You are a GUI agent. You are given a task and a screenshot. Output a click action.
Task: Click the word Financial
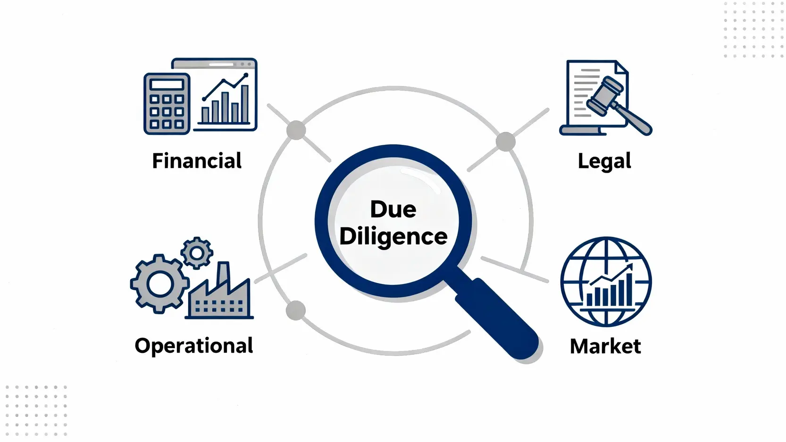(x=197, y=161)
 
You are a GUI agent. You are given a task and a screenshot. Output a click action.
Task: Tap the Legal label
(x=604, y=161)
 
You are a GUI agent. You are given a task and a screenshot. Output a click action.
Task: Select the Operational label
(x=194, y=346)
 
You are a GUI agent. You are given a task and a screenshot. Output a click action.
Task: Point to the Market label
(x=605, y=346)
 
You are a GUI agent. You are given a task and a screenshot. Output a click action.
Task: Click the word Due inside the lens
(x=393, y=209)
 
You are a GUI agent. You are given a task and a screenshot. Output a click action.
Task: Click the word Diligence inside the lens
(x=393, y=236)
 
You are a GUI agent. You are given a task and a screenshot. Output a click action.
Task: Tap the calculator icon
(x=167, y=104)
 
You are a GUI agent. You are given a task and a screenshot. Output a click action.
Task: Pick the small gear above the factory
(x=197, y=253)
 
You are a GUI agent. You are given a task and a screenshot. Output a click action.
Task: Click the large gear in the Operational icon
(x=160, y=284)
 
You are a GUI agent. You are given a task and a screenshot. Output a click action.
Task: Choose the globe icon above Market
(x=606, y=282)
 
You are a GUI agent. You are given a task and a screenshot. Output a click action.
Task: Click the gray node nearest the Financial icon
(x=296, y=130)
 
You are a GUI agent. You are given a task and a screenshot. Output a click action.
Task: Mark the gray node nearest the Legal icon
(x=506, y=142)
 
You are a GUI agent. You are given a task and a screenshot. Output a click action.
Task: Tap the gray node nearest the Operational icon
(x=296, y=311)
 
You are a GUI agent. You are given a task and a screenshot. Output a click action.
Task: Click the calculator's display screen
(x=167, y=85)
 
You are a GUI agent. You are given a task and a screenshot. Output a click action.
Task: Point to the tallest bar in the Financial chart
(x=245, y=104)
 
